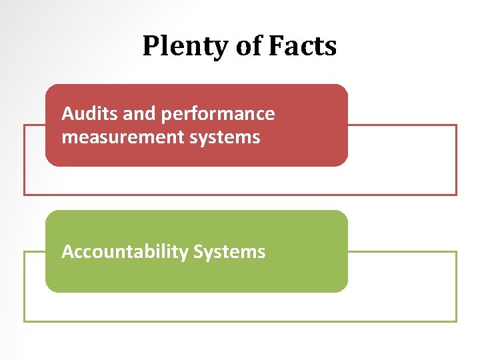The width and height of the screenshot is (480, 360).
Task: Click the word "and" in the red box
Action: pos(139,114)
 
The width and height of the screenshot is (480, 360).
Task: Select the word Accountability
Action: pos(125,252)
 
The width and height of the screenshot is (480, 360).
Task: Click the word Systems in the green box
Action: pos(229,252)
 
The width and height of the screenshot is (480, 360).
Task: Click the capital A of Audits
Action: pos(67,114)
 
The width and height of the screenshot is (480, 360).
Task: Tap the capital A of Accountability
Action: pos(67,251)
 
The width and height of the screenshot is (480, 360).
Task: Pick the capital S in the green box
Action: pos(198,251)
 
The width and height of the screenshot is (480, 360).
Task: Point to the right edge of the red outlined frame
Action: pos(457,160)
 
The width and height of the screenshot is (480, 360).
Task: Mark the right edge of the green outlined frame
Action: pos(457,287)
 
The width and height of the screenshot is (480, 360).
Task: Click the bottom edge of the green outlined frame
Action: pos(240,321)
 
